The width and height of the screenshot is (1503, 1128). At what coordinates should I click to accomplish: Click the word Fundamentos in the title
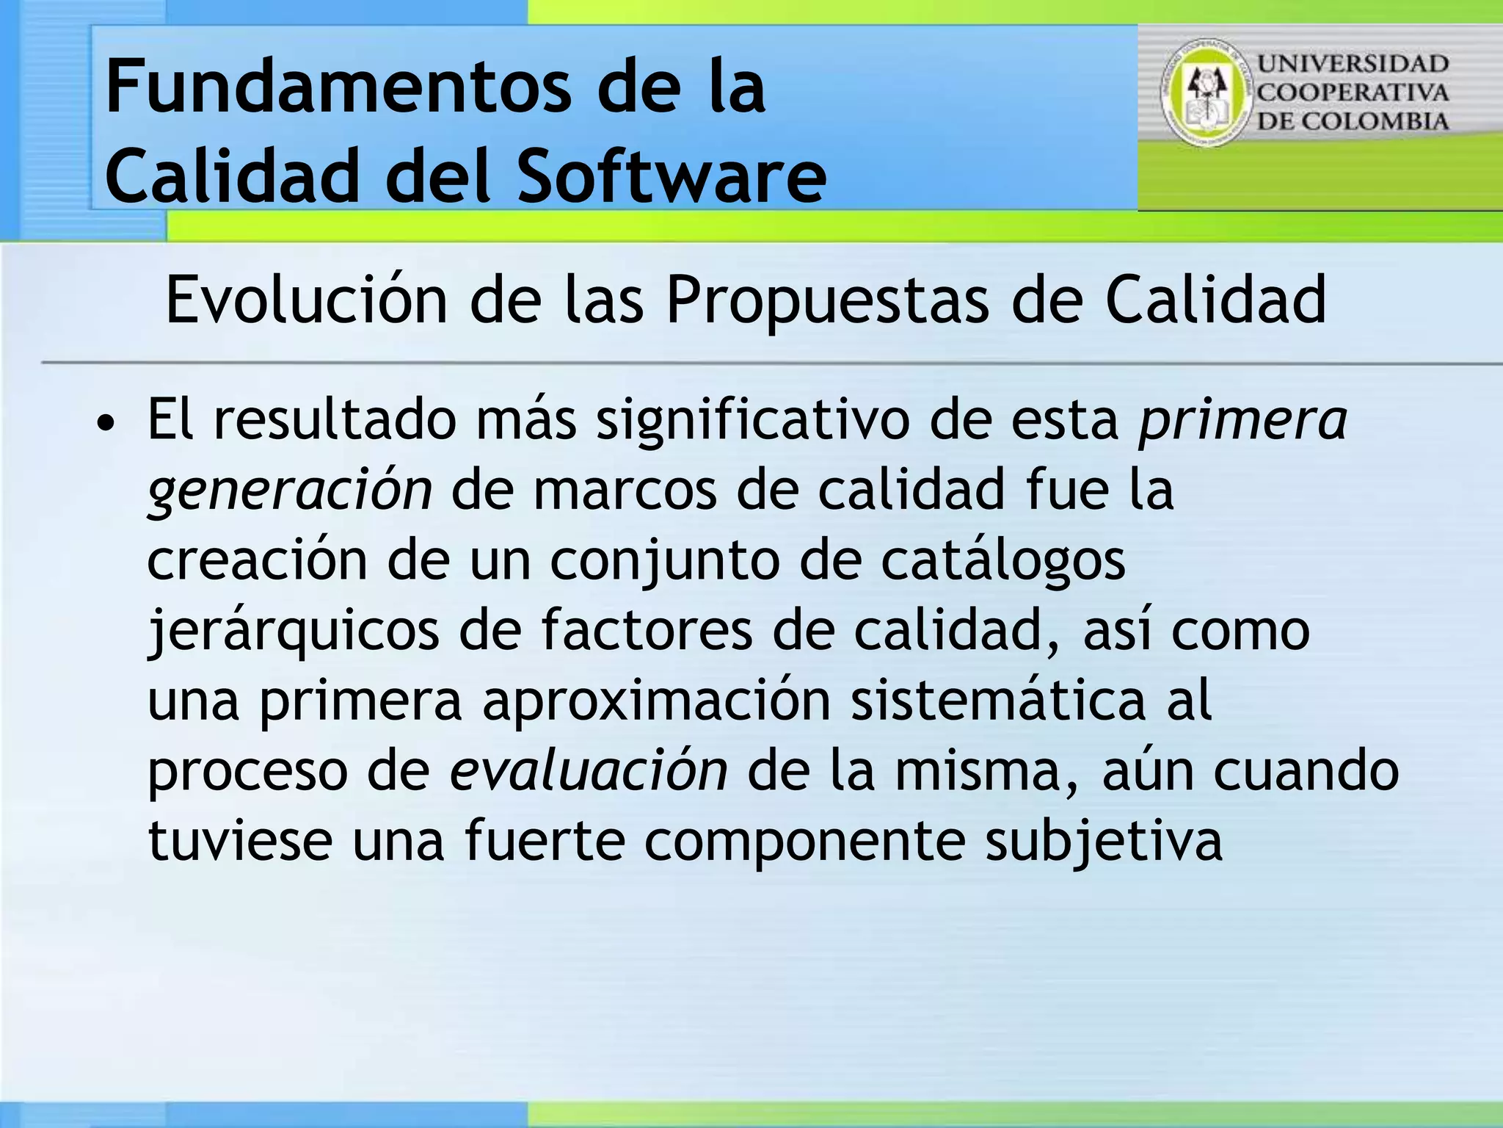point(338,88)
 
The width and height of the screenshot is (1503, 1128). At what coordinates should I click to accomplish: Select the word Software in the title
point(672,176)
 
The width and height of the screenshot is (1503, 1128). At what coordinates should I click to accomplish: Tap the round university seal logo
point(1205,93)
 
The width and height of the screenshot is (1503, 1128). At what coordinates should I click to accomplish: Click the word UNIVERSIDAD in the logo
point(1353,64)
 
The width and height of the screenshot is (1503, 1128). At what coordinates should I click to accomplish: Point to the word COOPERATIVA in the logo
point(1353,93)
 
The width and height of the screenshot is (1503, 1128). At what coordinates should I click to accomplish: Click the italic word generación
point(290,491)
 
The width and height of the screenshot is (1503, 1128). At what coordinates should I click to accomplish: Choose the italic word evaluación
point(589,771)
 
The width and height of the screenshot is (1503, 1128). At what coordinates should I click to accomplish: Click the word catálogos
point(1002,561)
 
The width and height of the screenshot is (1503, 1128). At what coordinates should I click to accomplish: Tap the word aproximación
point(656,701)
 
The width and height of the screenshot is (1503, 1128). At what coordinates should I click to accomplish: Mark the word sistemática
point(998,700)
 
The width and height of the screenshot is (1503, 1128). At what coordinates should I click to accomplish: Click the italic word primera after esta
point(1242,421)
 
